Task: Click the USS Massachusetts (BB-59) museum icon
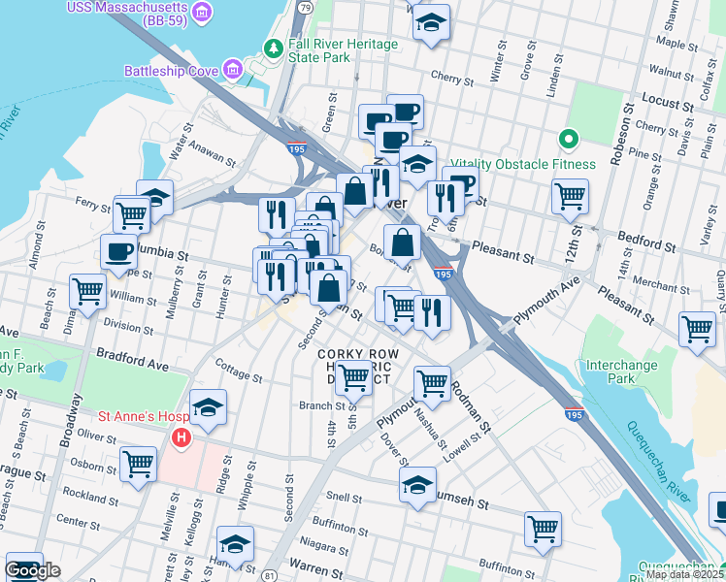coord(202,12)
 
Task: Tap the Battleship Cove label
coord(172,70)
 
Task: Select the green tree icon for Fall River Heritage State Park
coord(275,48)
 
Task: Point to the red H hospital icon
coord(180,438)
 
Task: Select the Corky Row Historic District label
coord(354,367)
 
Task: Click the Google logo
coord(32,570)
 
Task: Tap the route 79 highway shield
coord(305,7)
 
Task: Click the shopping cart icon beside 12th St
coord(570,195)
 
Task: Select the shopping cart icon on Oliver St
coord(139,463)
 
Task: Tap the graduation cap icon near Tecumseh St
coord(418,484)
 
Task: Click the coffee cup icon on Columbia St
coord(119,251)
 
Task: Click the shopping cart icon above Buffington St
coord(543,529)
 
